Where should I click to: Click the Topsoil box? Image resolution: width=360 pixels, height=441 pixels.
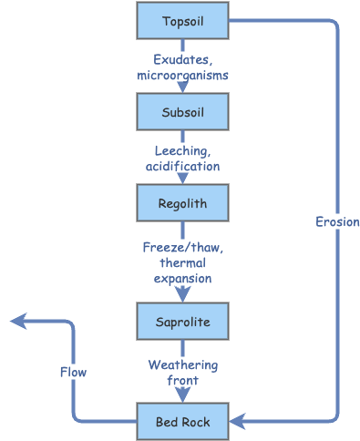(182, 21)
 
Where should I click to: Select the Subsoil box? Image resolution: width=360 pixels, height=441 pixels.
(182, 112)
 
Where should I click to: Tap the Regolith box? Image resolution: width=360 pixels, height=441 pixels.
(182, 203)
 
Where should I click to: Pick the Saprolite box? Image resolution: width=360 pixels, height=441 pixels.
(182, 322)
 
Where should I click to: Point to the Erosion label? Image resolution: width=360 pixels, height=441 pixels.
(337, 221)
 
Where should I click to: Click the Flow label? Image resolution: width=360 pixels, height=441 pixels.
(73, 372)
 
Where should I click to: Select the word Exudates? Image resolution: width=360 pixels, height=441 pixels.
(182, 60)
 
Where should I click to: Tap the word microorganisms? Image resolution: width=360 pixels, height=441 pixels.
(182, 75)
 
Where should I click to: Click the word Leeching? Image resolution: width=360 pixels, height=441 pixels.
(181, 151)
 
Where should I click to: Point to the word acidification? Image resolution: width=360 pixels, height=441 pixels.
(182, 166)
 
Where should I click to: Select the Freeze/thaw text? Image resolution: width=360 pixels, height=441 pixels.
(182, 247)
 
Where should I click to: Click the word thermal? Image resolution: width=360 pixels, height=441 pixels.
(182, 262)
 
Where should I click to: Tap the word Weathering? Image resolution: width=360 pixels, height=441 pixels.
(182, 365)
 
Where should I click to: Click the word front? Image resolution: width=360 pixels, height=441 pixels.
(182, 380)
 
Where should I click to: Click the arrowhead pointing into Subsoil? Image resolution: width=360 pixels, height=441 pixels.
(182, 87)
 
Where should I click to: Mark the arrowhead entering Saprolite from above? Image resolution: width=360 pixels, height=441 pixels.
(182, 295)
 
